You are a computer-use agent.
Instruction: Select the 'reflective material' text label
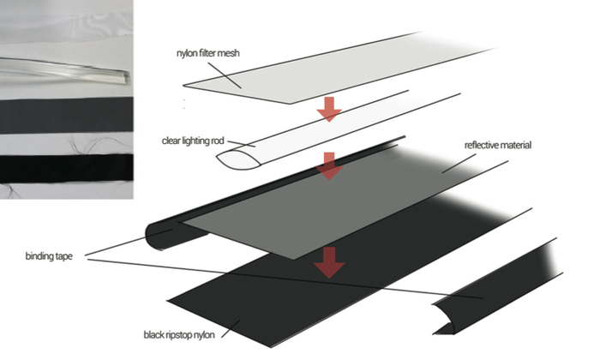498,146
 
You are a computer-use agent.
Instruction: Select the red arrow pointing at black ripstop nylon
328,262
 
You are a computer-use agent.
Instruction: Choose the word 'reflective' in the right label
483,146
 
